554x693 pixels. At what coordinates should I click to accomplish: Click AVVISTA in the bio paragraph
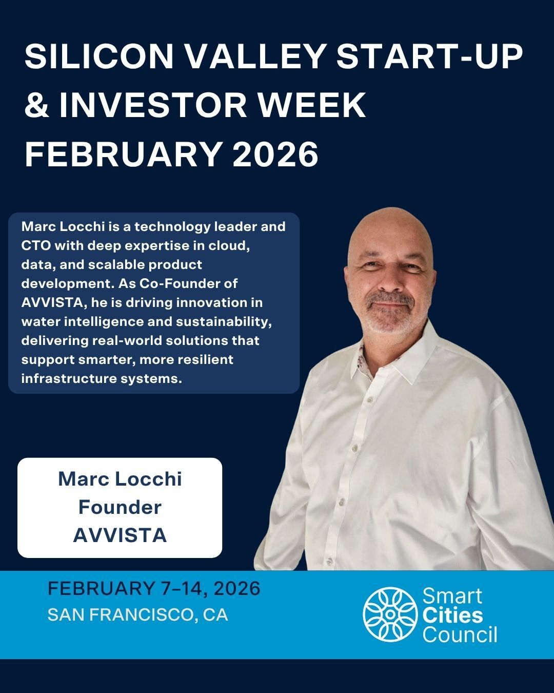pyautogui.click(x=51, y=302)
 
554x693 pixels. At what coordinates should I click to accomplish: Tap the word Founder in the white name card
pyautogui.click(x=120, y=507)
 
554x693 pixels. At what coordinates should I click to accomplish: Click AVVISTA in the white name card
pyautogui.click(x=120, y=535)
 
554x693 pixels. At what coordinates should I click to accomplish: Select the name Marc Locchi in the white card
pyautogui.click(x=120, y=479)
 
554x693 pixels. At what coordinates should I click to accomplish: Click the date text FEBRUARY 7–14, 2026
pyautogui.click(x=154, y=589)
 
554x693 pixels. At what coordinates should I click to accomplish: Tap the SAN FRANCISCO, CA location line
pyautogui.click(x=137, y=614)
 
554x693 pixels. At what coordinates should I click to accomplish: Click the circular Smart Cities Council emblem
pyautogui.click(x=390, y=614)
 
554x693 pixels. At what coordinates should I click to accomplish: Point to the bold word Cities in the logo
pyautogui.click(x=452, y=615)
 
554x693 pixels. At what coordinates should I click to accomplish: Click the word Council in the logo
pyautogui.click(x=460, y=634)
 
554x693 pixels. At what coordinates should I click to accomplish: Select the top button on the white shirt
pyautogui.click(x=368, y=400)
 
